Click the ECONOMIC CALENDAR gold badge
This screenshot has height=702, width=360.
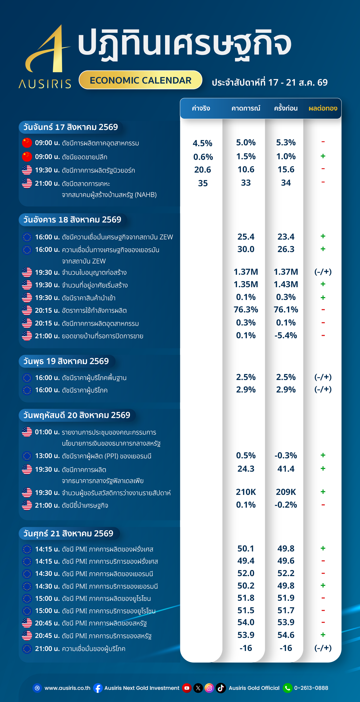point(140,80)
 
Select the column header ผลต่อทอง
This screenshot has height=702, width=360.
point(323,108)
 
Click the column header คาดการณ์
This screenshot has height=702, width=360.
point(246,108)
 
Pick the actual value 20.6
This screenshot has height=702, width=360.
point(202,170)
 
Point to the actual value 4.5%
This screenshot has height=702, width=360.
point(202,143)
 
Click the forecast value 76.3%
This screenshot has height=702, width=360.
point(246,310)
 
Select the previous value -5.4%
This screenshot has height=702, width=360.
point(286,335)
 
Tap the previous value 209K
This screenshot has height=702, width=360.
point(286,492)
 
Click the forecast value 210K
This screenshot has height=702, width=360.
point(246,492)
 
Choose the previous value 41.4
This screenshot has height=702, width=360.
point(286,469)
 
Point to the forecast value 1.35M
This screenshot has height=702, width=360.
point(246,284)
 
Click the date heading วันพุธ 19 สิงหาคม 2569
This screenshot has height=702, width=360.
point(66,361)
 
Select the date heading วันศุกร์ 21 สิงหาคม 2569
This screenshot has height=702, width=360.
point(68,533)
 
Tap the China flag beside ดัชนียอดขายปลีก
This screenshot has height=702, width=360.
point(27,157)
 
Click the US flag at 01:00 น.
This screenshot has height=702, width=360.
point(27,432)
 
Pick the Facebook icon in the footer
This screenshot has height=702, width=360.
point(98,688)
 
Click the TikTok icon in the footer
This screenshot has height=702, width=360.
point(221,688)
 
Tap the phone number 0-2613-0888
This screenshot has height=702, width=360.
point(311,688)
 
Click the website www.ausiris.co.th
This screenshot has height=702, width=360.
point(67,688)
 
